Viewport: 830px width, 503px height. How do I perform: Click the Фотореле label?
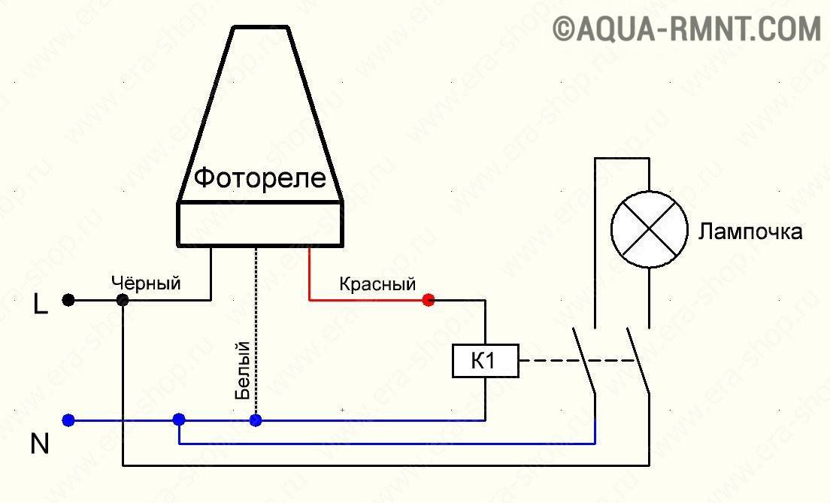(x=260, y=178)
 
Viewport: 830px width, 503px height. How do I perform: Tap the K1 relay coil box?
(x=486, y=361)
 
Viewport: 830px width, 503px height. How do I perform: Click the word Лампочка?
(x=750, y=232)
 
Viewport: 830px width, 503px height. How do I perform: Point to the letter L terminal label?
(x=41, y=305)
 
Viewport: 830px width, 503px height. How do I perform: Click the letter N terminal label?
(x=40, y=444)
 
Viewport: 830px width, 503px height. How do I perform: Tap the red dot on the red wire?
(x=429, y=300)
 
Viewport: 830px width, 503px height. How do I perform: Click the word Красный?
(x=377, y=284)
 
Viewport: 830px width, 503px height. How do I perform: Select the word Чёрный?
(x=146, y=283)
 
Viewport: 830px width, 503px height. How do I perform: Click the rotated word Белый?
(x=242, y=371)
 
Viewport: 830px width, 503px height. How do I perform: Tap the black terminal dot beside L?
(x=68, y=300)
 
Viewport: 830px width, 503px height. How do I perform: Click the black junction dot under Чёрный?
(x=123, y=300)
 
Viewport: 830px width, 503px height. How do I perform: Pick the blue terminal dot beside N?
(x=68, y=420)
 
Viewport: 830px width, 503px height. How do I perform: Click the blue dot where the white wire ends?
(x=256, y=420)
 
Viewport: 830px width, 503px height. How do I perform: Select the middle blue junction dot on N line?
(x=179, y=420)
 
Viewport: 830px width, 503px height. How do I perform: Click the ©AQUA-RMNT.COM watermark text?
(x=687, y=29)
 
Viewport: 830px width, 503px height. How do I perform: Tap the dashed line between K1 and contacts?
(x=577, y=361)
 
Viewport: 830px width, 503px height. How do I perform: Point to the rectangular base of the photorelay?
(x=260, y=224)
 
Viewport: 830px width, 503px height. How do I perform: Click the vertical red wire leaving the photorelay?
(x=309, y=273)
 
